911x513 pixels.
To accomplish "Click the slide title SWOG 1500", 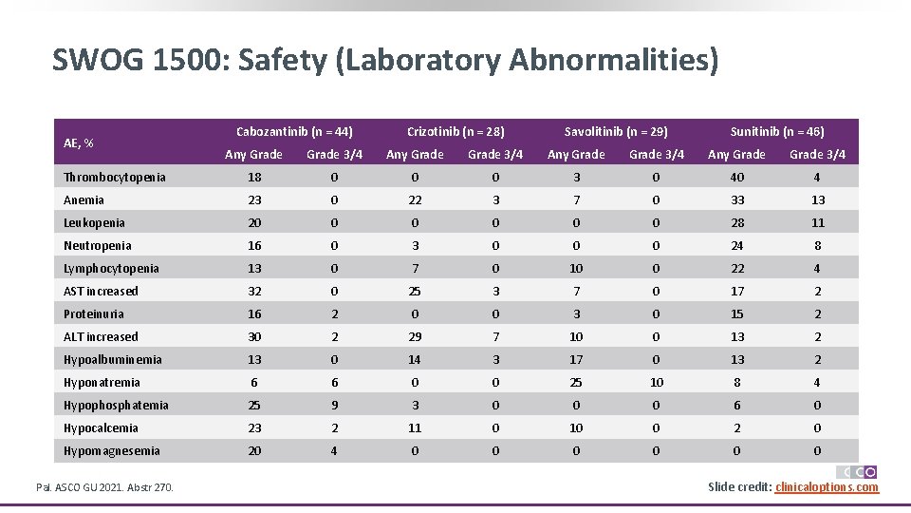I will click(384, 61).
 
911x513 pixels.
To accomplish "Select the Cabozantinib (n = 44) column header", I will click(294, 131).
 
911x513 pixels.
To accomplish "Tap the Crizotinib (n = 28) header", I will click(455, 131).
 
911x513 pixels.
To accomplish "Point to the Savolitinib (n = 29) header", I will click(616, 131).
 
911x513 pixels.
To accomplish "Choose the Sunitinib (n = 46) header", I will click(777, 131).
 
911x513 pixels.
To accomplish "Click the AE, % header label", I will click(78, 142).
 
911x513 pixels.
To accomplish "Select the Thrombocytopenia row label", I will click(114, 177).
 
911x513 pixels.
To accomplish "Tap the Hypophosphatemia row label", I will click(116, 405).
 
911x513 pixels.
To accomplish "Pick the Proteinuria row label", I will click(93, 313).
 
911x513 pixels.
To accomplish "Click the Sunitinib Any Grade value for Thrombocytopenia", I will click(737, 177).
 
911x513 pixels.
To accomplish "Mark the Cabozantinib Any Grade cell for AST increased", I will click(254, 291).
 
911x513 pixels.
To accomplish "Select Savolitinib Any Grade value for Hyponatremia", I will click(576, 382).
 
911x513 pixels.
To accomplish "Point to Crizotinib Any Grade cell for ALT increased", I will click(415, 336).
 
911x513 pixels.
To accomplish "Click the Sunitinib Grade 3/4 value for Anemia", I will click(818, 199).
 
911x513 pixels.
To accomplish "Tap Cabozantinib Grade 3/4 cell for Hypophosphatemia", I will click(334, 405).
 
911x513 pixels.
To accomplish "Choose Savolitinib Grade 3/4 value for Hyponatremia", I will click(657, 382).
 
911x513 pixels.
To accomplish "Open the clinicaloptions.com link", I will click(827, 487).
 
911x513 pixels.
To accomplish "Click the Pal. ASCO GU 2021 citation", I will click(104, 487).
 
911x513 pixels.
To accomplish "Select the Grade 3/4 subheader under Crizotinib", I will click(495, 154).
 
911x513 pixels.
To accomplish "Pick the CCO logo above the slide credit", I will click(857, 472).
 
